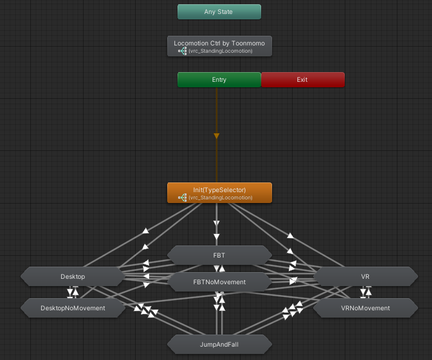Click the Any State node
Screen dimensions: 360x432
(x=219, y=12)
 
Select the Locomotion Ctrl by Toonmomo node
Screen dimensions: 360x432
(x=219, y=46)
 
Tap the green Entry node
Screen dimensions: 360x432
(x=219, y=79)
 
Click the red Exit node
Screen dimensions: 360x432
(x=302, y=79)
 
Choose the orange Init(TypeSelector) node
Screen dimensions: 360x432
(x=219, y=193)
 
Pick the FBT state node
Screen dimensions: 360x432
(x=219, y=255)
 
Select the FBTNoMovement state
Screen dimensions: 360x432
(x=219, y=282)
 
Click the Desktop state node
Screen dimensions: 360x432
(x=73, y=276)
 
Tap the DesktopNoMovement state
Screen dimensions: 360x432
(x=73, y=308)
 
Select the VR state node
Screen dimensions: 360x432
(x=365, y=276)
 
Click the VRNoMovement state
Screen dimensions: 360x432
(x=365, y=308)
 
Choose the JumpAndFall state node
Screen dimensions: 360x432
(x=219, y=344)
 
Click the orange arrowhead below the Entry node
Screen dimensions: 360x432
(x=216, y=136)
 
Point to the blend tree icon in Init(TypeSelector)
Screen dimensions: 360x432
(x=182, y=198)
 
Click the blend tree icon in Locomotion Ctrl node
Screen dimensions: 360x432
(x=182, y=51)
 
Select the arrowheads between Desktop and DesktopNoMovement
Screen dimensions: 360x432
(x=73, y=292)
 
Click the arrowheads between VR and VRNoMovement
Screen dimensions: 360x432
(x=365, y=292)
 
